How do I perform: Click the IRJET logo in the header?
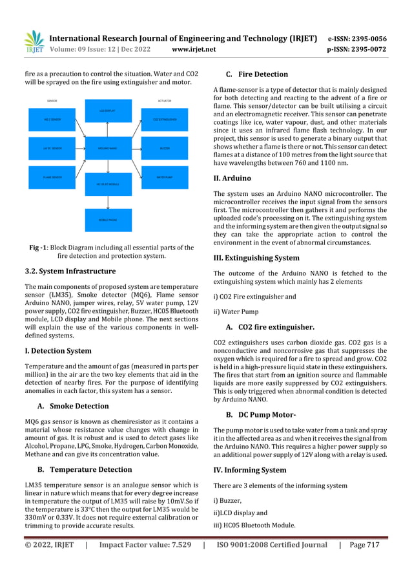[34, 42]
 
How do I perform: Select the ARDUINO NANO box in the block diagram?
[108, 148]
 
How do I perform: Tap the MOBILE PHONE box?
[108, 220]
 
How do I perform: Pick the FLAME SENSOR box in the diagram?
[52, 176]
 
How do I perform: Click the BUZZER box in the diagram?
[165, 148]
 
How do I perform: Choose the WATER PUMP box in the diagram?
[165, 176]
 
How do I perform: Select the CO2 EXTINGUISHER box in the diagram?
[165, 120]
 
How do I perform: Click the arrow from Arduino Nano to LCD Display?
[108, 129]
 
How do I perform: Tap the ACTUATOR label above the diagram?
[165, 101]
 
